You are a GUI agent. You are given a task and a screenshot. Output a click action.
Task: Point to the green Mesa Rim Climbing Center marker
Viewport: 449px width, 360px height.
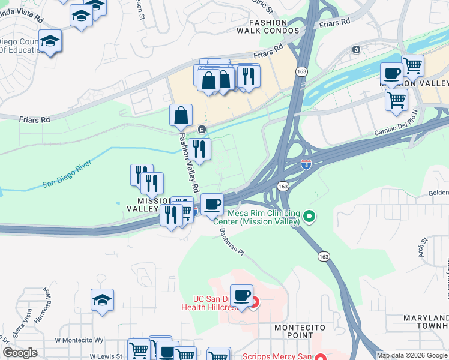(x=309, y=215)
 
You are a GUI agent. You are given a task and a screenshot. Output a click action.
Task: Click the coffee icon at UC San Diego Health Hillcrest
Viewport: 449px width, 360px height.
(x=241, y=295)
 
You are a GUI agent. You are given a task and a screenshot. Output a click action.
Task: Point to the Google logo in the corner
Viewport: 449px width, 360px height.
(x=20, y=353)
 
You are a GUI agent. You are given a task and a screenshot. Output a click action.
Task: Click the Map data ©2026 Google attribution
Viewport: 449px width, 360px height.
(x=412, y=355)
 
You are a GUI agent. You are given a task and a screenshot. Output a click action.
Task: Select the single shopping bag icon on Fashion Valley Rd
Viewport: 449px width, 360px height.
(x=181, y=115)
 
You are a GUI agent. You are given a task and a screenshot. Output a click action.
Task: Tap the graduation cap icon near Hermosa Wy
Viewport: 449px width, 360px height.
(x=103, y=300)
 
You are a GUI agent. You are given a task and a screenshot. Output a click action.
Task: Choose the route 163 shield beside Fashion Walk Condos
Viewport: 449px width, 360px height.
(x=301, y=71)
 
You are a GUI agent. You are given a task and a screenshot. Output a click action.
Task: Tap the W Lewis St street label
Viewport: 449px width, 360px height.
(x=106, y=356)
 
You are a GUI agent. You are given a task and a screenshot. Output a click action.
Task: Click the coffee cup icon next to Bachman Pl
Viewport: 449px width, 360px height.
(x=211, y=205)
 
